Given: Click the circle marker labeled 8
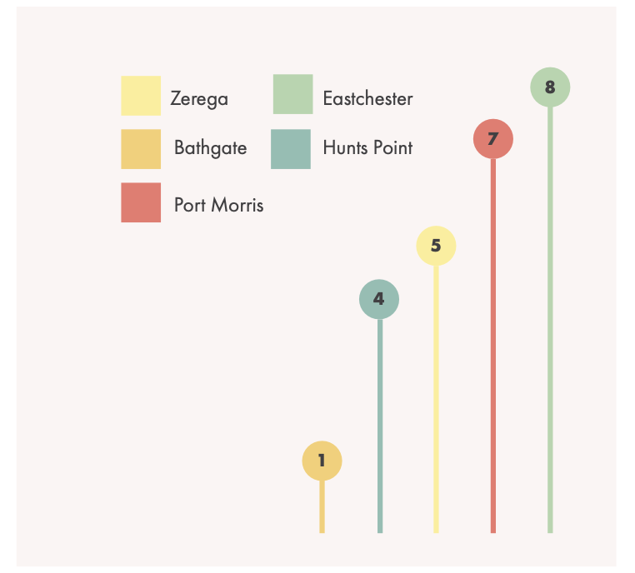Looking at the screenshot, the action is [550, 87].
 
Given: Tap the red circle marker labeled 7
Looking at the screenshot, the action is [493, 139].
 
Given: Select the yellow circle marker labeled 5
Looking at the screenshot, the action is [436, 246].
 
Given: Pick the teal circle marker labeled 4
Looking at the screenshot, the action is [379, 299].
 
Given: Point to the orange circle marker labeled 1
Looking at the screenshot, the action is [322, 460].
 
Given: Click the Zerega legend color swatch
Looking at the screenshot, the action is [141, 96].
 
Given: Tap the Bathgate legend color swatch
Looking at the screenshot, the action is [141, 149].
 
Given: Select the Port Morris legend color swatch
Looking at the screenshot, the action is [141, 203].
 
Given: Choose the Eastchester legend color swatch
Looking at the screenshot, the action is [292, 94].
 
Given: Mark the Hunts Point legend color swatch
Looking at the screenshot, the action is [291, 149].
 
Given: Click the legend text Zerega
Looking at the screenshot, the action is [199, 99].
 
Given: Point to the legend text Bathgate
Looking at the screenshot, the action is [211, 149].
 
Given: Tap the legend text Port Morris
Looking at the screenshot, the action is [218, 205].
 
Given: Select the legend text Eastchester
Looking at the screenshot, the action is [367, 99].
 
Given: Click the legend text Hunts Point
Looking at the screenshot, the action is [367, 148].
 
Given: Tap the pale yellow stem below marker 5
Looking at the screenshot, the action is [436, 400].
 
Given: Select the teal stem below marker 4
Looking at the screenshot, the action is [380, 425].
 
